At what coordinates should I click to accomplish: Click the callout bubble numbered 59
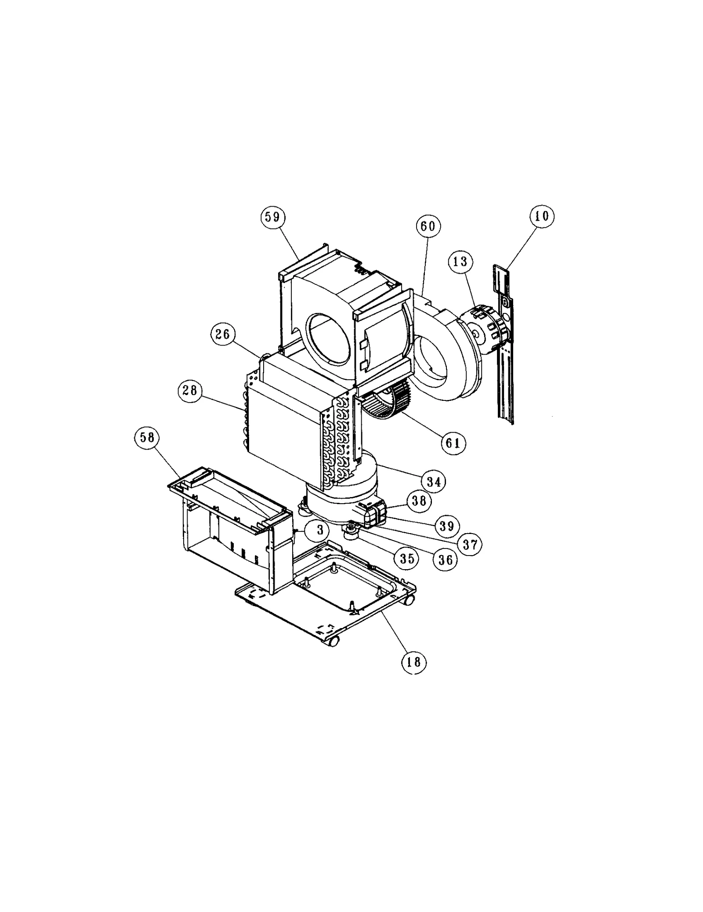(x=273, y=217)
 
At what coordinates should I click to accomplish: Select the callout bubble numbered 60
(x=428, y=226)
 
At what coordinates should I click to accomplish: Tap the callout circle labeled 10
(x=542, y=216)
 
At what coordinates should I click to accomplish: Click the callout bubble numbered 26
(x=223, y=334)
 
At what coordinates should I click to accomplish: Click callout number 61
(x=453, y=443)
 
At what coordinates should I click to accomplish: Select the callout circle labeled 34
(x=433, y=482)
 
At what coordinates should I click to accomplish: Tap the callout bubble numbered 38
(x=419, y=501)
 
